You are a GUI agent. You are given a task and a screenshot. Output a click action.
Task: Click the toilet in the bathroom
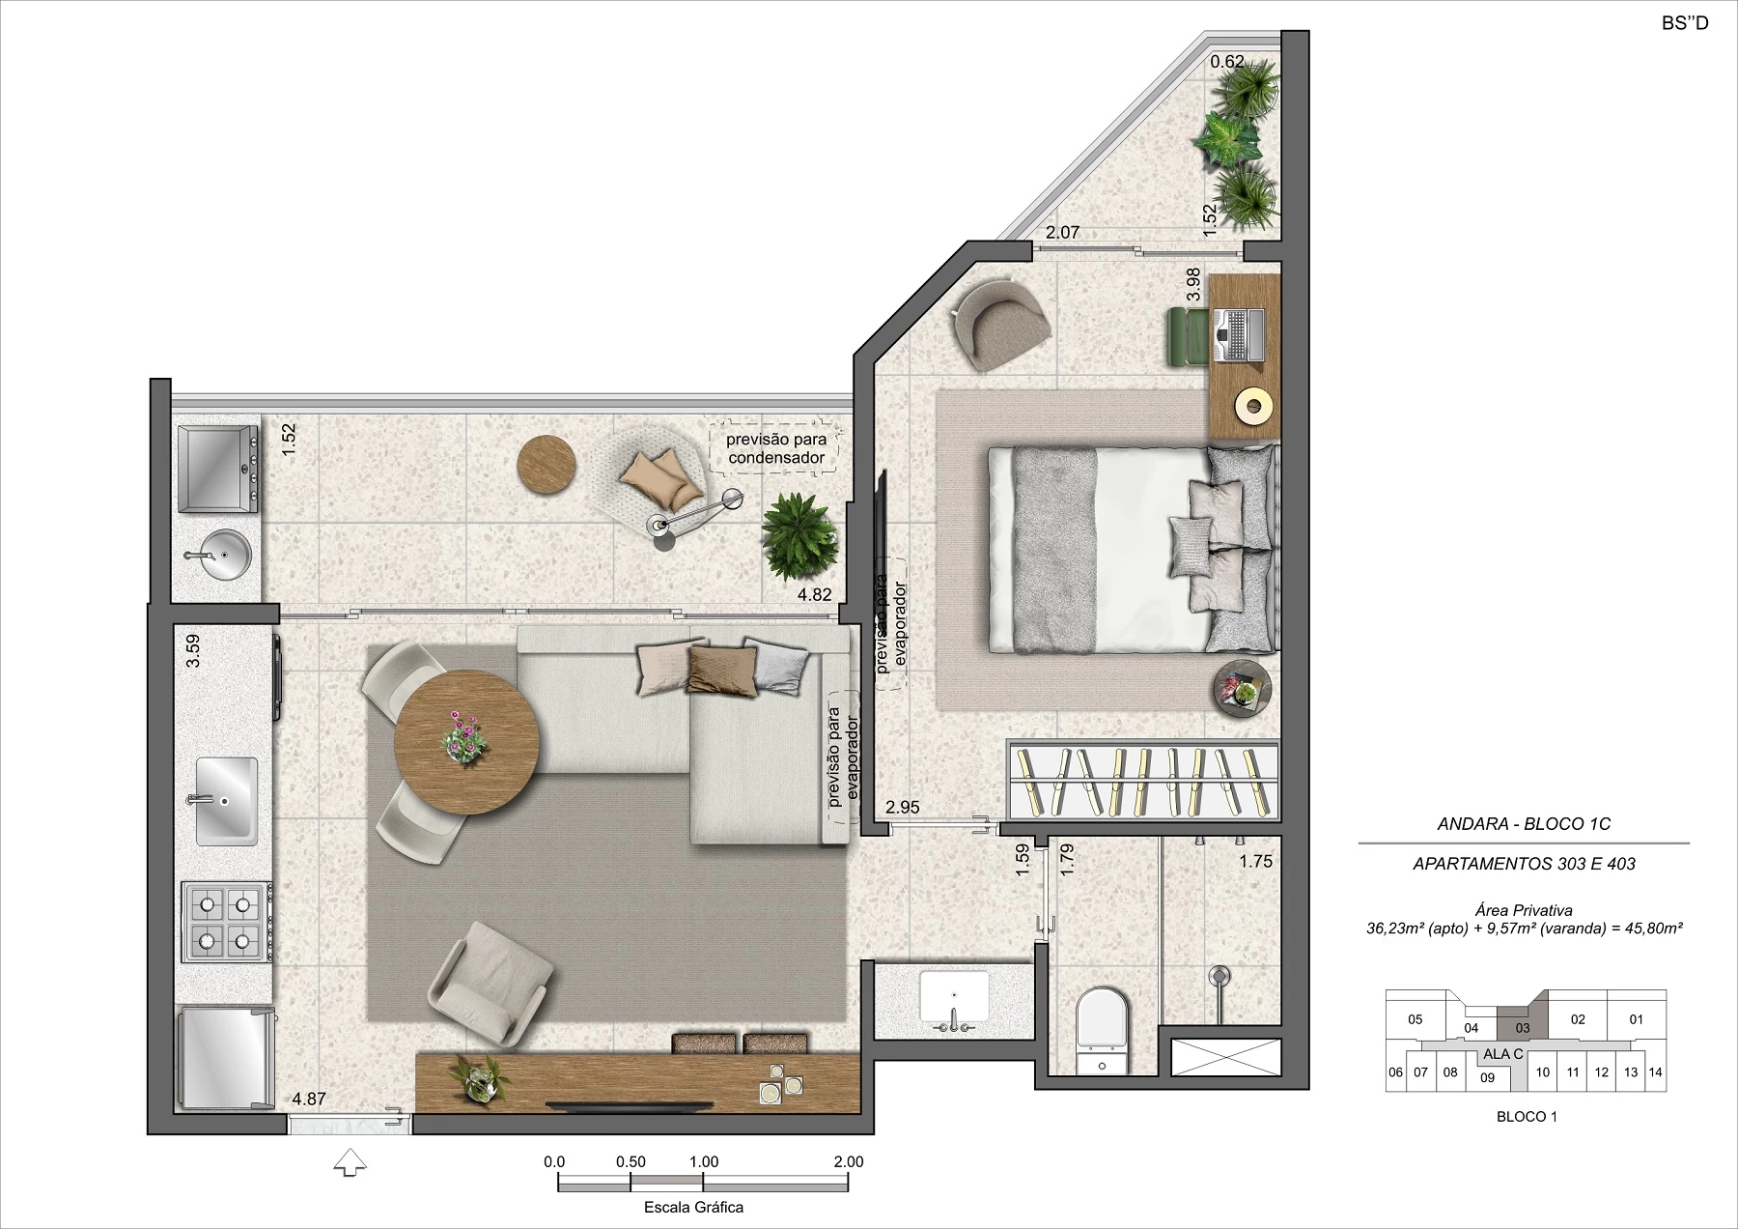pyautogui.click(x=1102, y=1030)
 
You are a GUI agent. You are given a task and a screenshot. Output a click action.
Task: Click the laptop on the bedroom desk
pyautogui.click(x=1237, y=335)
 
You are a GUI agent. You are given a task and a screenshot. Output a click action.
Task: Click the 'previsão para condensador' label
pyautogui.click(x=776, y=449)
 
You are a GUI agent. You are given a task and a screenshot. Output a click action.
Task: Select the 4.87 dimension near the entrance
pyautogui.click(x=309, y=1099)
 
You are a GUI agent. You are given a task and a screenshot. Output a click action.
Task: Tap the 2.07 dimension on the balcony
pyautogui.click(x=1062, y=233)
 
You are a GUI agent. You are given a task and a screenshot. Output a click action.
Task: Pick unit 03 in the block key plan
pyautogui.click(x=1523, y=1028)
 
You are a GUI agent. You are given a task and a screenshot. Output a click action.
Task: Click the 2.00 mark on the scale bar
pyautogui.click(x=849, y=1162)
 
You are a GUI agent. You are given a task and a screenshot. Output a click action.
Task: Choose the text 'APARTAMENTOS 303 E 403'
pyautogui.click(x=1524, y=864)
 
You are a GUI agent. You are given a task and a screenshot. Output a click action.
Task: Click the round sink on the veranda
pyautogui.click(x=218, y=554)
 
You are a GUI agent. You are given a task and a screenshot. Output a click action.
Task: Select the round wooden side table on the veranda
pyautogui.click(x=547, y=466)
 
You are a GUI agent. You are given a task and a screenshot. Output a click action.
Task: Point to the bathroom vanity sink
pyautogui.click(x=954, y=1001)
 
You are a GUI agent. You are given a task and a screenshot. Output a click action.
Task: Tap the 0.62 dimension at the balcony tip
pyautogui.click(x=1227, y=62)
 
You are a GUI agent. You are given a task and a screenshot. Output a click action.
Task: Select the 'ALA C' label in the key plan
pyautogui.click(x=1503, y=1054)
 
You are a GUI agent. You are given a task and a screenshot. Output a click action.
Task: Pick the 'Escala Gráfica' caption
pyautogui.click(x=693, y=1207)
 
